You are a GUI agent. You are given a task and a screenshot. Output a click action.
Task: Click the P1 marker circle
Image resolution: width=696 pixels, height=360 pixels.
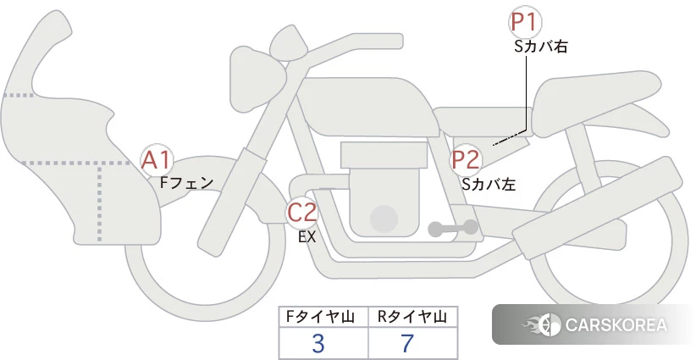(525, 22)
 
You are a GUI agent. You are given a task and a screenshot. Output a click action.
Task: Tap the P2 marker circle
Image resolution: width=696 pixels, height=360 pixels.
(466, 160)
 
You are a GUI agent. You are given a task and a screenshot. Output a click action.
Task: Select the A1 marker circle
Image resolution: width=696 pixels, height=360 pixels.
(157, 161)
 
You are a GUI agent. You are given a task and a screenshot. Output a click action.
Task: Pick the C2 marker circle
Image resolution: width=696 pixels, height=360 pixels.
(302, 212)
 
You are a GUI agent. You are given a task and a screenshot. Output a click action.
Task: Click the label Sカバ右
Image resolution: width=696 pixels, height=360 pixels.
(541, 47)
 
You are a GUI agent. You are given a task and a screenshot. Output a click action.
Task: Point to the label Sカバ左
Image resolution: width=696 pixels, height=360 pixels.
(489, 184)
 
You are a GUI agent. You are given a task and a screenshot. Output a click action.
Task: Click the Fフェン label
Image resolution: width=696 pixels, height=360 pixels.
(186, 182)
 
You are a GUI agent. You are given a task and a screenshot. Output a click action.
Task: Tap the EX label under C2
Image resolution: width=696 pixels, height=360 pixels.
(307, 237)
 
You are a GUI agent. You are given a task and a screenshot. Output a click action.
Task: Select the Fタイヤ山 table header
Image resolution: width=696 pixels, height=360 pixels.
(320, 317)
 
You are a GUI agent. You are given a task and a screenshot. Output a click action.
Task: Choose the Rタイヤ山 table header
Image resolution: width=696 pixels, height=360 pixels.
(412, 317)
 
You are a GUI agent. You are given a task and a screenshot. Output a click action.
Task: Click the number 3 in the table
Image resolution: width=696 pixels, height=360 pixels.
(318, 344)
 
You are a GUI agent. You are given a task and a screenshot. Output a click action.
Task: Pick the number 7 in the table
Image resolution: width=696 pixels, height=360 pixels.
(407, 344)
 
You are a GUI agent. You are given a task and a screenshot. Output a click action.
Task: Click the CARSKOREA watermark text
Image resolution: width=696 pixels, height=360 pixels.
(616, 324)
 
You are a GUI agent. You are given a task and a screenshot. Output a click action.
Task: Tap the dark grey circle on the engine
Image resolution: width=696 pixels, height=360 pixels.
(384, 219)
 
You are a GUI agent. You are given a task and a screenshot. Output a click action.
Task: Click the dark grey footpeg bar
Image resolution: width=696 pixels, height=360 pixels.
(453, 228)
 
